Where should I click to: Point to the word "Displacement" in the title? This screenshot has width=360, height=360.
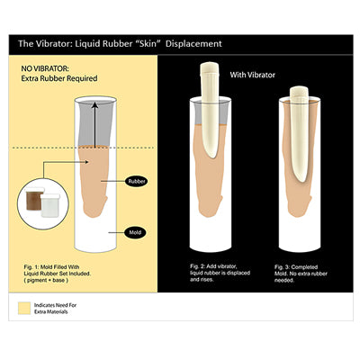191,43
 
